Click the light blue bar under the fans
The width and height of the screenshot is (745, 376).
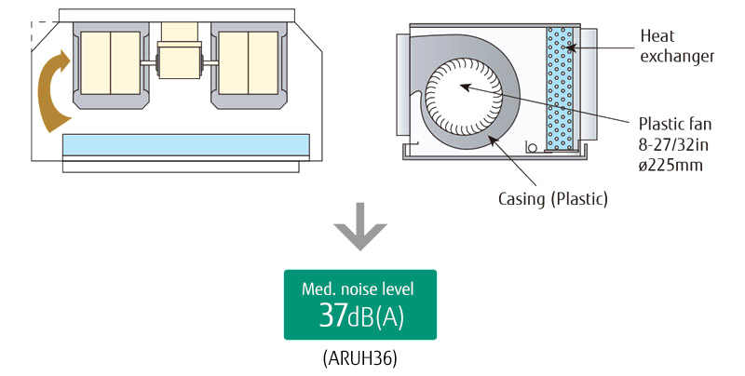point(184,145)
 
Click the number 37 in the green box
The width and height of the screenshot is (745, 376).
point(333,316)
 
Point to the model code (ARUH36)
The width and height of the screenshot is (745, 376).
point(360,357)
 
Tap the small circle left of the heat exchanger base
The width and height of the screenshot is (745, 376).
point(531,146)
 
